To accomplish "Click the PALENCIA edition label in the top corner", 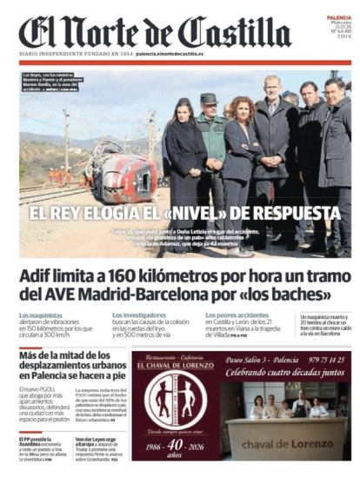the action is click(339, 17).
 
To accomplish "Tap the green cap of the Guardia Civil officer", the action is click(209, 99).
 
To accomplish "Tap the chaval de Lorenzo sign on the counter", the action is click(286, 443).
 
